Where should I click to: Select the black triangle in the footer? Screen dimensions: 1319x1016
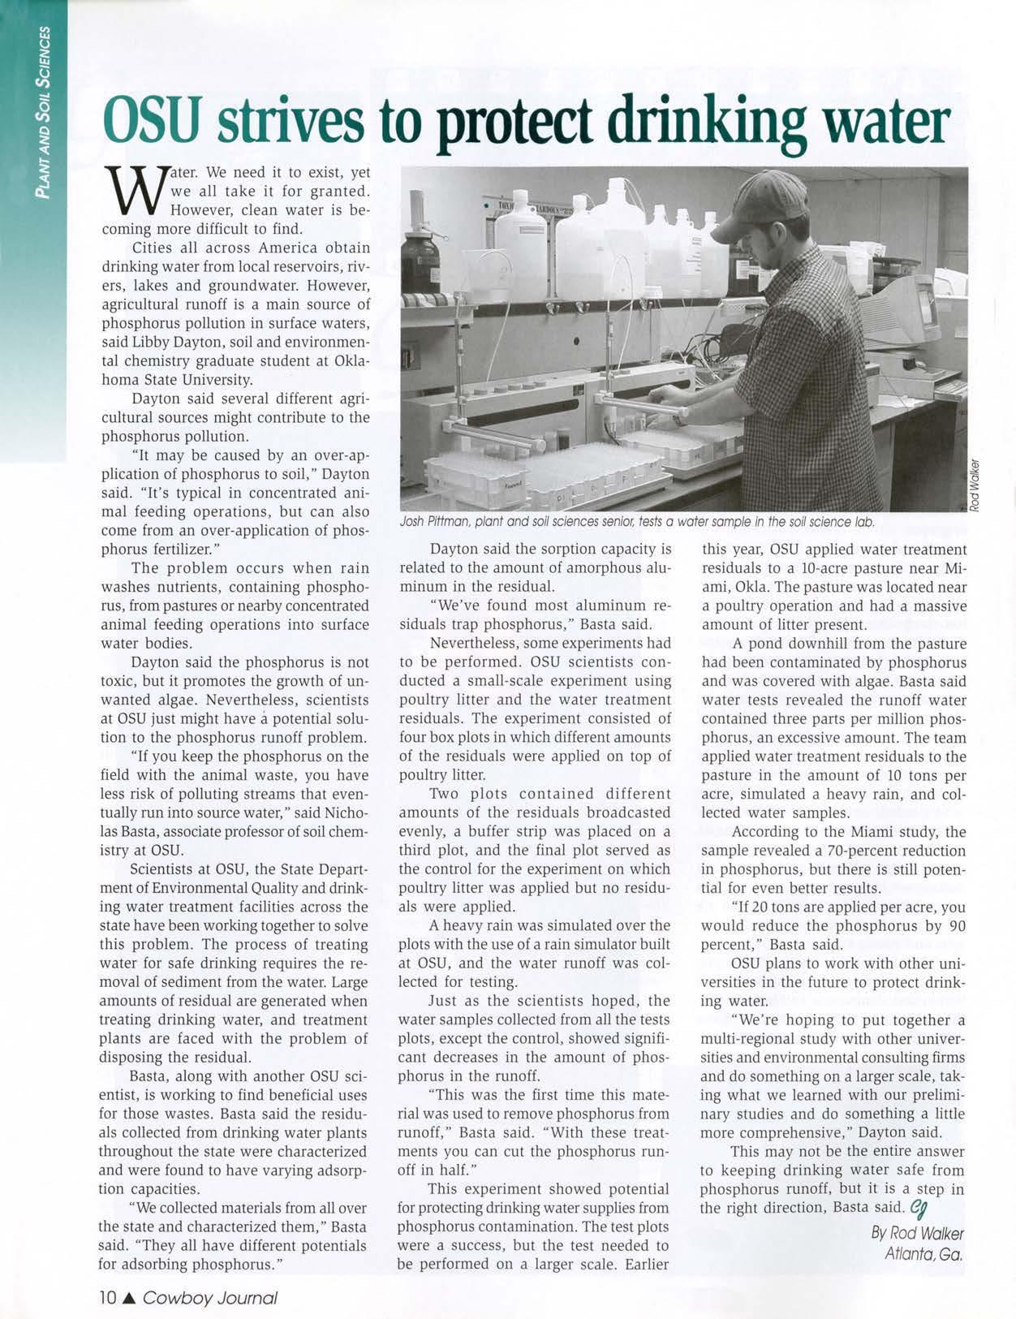131,1297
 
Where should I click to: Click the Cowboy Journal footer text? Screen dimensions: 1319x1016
209,1297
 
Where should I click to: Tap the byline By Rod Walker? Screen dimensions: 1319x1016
917,1234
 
